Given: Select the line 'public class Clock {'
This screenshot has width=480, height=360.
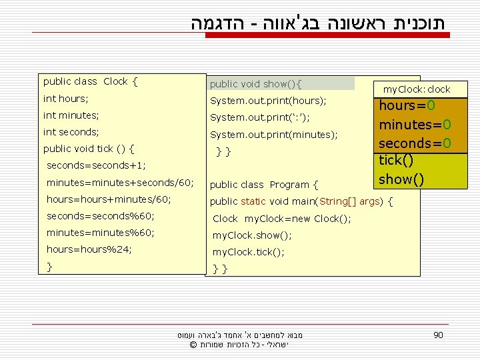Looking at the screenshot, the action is coord(90,82).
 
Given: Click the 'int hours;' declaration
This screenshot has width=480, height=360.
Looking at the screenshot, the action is coord(65,99).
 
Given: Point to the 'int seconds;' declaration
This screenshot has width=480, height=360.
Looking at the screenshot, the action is coord(71,132).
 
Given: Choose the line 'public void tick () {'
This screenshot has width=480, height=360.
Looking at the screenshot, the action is coord(89,149).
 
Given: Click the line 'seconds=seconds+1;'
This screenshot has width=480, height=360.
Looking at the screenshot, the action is coord(96,165).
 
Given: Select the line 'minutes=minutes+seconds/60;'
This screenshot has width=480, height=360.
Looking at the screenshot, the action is coord(120,182).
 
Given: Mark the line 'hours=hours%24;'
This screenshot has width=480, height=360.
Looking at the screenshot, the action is coord(89,249).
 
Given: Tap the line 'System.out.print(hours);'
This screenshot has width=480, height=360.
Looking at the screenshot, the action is coord(268,101).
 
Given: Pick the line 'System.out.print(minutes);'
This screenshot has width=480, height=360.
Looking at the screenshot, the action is coord(273,135).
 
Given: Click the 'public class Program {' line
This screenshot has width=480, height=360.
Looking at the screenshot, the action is coord(264,185).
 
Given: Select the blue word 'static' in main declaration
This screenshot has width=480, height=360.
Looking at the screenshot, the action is coord(253,201).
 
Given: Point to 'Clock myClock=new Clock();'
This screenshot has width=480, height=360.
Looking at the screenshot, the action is coord(282,219).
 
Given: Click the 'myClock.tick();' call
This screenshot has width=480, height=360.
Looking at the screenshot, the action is coord(248,252).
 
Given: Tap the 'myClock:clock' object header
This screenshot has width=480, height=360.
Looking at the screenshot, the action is coord(417,89).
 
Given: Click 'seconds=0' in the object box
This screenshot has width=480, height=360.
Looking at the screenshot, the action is coord(415,143).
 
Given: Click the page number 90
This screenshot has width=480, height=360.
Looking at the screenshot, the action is coord(437,335).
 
